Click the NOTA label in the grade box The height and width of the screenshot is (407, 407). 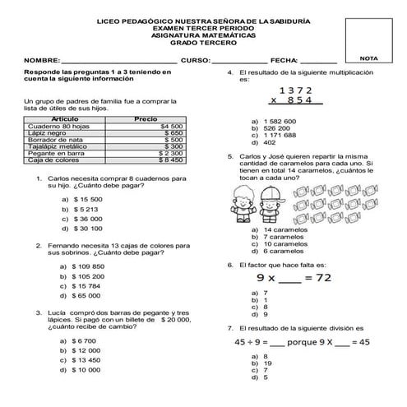coord(369,60)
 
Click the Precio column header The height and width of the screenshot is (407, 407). coord(145,119)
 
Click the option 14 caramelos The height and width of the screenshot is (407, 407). coord(284,229)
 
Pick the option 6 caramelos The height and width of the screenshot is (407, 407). coord(283,251)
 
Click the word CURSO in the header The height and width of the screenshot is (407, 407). coord(196,61)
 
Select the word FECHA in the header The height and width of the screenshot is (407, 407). coord(283,61)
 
